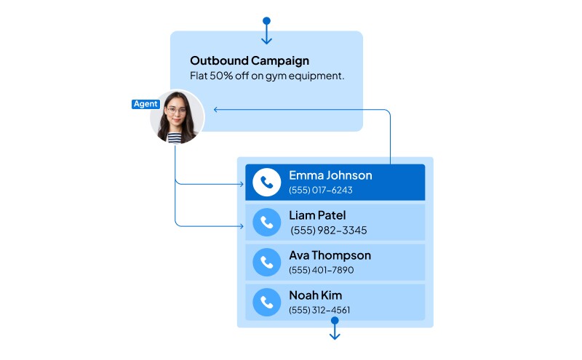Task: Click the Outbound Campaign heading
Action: (x=249, y=61)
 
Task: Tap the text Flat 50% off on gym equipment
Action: (x=267, y=76)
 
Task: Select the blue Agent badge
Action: (x=145, y=104)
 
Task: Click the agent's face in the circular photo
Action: (x=176, y=112)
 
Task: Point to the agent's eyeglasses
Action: (x=176, y=111)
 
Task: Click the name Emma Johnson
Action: (x=330, y=175)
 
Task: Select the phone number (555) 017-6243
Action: (x=320, y=191)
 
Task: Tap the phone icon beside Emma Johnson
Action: (x=267, y=183)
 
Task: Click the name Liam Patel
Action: (x=317, y=215)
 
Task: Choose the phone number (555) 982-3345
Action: (x=328, y=231)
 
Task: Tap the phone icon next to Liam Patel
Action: (x=267, y=223)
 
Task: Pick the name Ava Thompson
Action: (x=330, y=255)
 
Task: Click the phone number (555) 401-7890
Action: (x=321, y=270)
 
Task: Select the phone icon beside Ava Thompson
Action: (x=267, y=263)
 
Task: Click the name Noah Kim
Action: (x=315, y=295)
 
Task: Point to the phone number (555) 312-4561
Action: (x=319, y=310)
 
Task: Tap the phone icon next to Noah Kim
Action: (x=267, y=302)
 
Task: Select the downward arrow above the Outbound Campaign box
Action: (x=266, y=39)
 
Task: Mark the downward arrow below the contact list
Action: (x=335, y=335)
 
